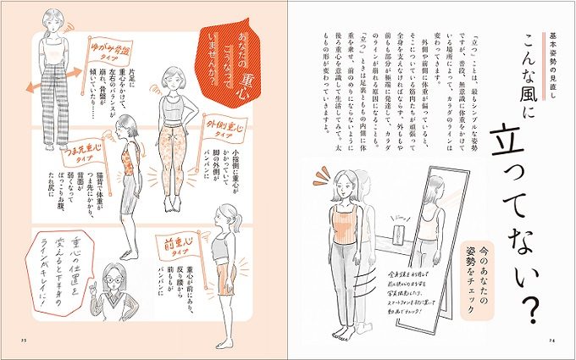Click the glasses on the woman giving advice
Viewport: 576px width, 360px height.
pos(114,278)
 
